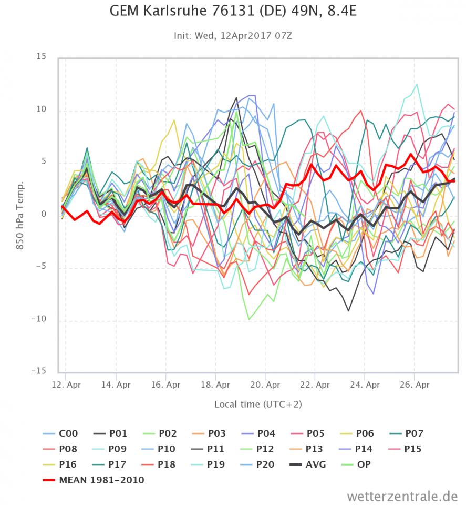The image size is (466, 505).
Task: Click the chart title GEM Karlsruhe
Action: click(233, 12)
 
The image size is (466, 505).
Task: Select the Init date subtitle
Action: click(233, 36)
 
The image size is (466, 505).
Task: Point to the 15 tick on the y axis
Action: click(41, 57)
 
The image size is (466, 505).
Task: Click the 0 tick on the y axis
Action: click(44, 215)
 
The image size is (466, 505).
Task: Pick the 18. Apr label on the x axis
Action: click(215, 385)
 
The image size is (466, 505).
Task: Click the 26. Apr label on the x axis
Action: click(415, 385)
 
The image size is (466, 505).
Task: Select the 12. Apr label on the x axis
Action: click(66, 385)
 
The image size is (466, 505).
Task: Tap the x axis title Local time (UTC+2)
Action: click(257, 404)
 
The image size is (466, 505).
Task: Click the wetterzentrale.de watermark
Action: click(401, 496)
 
